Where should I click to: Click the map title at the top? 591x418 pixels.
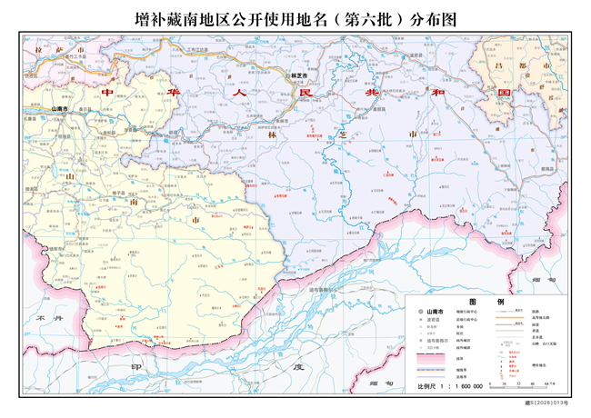[295, 18]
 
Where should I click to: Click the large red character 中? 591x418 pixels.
[108, 94]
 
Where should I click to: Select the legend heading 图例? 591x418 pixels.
[486, 301]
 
